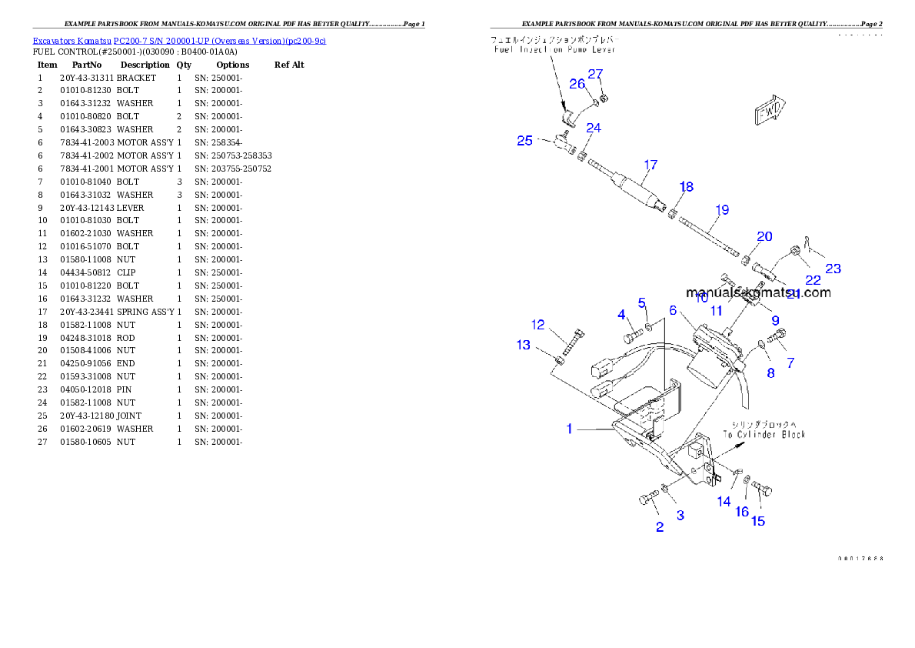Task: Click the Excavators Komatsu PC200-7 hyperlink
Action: point(178,41)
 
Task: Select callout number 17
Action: point(650,165)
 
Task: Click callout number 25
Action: point(524,141)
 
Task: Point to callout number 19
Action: point(722,209)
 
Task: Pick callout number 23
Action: point(833,269)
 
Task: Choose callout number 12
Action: point(538,325)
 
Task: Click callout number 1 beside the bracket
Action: point(570,429)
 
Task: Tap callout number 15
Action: point(758,521)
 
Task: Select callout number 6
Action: point(673,310)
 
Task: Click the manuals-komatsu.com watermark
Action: point(757,292)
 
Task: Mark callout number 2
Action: point(659,527)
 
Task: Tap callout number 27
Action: point(596,74)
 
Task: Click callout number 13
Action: point(524,345)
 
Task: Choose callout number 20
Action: point(764,236)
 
